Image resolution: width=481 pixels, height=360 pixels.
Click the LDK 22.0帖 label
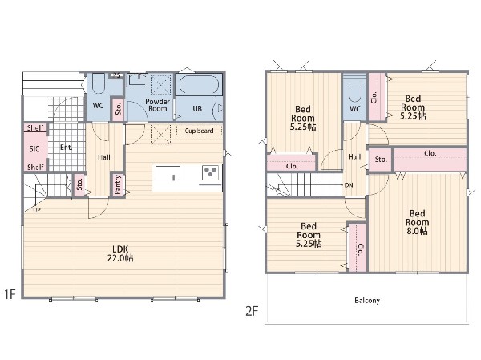coord(120,253)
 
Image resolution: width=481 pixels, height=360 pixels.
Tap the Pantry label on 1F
coord(118,184)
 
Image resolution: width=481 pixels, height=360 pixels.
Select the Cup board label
coord(199,131)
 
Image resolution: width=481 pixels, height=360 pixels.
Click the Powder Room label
coord(158,105)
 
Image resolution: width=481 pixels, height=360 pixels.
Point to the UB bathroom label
coord(197,109)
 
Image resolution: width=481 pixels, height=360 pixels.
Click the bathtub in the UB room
coord(199,84)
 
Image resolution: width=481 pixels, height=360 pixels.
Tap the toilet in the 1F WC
coord(99,83)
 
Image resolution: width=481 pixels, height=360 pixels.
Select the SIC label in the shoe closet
coord(34,149)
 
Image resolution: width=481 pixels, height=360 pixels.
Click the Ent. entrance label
coord(67,148)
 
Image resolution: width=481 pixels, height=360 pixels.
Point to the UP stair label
coord(37,210)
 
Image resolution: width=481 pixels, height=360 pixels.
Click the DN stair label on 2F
coord(349,185)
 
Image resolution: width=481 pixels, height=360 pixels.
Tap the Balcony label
coord(367,300)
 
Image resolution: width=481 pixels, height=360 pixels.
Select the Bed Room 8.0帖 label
coord(417,222)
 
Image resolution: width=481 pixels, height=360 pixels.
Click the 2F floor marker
coord(252,311)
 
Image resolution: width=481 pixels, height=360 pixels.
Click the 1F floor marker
coord(10,294)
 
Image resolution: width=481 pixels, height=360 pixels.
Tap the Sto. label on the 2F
coord(381,160)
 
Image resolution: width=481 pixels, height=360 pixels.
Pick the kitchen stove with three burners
coord(210,173)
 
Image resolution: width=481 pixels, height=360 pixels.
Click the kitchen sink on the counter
coord(168,173)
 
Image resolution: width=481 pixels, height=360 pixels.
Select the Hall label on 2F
coord(354,157)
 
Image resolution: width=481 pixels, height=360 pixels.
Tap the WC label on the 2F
coord(355,109)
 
